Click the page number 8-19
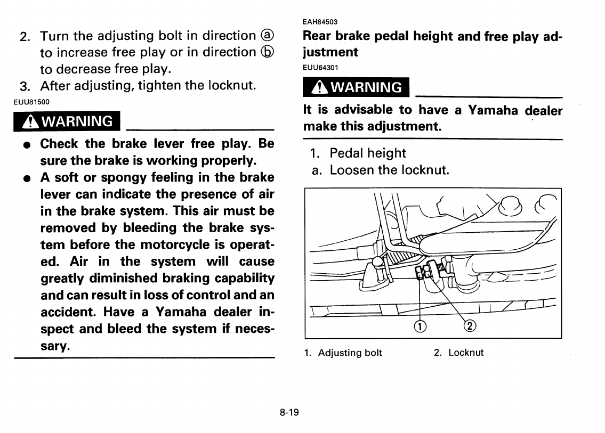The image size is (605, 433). tap(288, 412)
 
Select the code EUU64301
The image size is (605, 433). tap(320, 67)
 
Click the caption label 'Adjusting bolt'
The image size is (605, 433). tap(350, 353)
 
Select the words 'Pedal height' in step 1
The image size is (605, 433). tap(367, 153)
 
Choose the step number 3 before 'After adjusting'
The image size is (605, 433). tap(23, 86)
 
